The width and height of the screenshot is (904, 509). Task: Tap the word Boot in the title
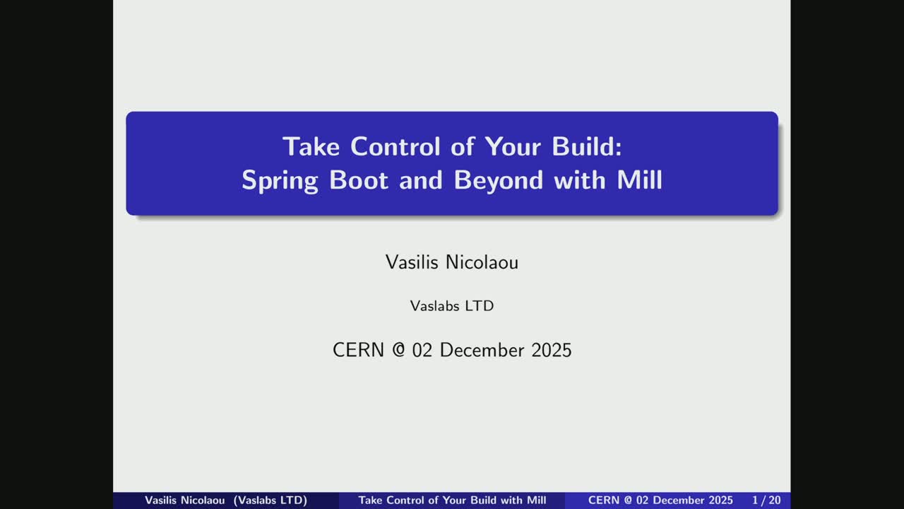pos(359,180)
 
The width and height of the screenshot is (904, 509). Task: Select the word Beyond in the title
pos(499,180)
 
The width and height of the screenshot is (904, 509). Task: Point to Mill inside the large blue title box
pos(640,180)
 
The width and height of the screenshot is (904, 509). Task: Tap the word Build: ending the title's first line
pos(587,146)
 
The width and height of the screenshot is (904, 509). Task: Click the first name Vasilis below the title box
pos(412,262)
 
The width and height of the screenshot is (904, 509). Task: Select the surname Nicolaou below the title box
pos(482,262)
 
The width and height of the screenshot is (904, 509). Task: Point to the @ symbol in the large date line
pos(398,350)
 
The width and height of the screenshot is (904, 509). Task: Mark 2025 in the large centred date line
pos(552,350)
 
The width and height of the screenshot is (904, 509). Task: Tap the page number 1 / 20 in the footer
pos(766,501)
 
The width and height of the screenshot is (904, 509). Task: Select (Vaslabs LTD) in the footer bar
pos(270,501)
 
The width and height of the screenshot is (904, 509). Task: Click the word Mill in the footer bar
pos(536,501)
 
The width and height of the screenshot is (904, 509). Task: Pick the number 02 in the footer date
pos(643,501)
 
